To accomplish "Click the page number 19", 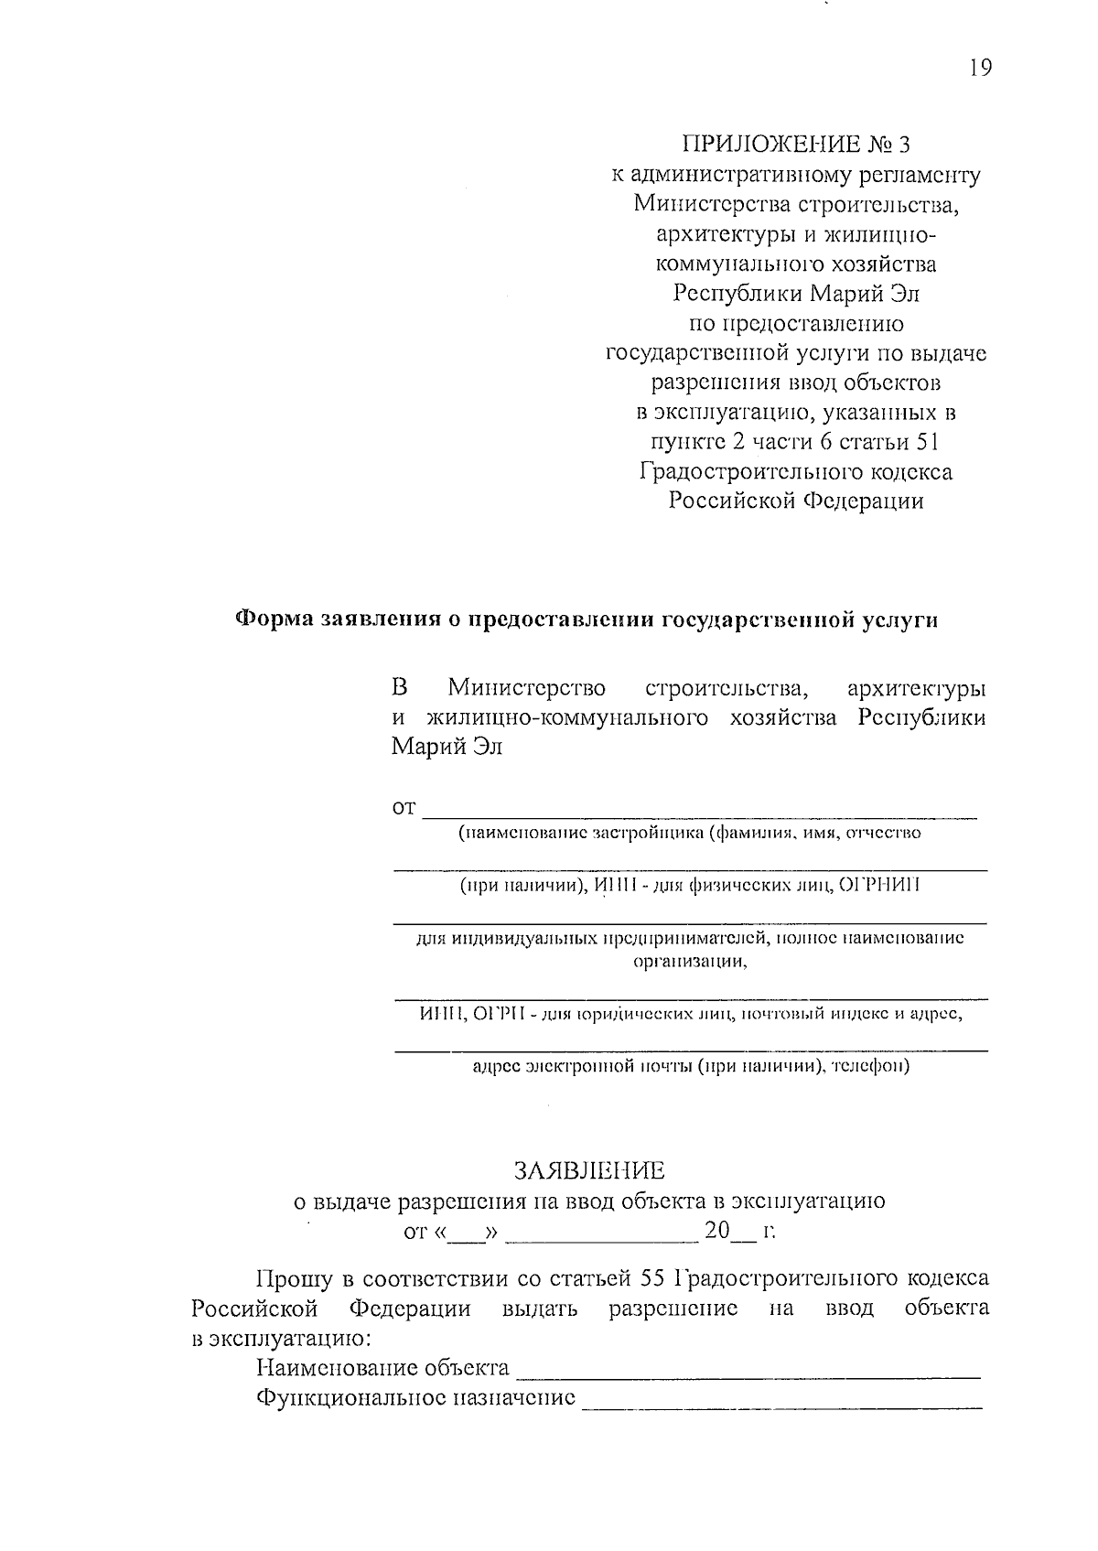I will (x=978, y=68).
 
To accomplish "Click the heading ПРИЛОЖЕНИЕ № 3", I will (x=796, y=145).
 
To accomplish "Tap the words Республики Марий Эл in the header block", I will (x=796, y=294).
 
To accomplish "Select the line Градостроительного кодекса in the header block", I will (x=796, y=472).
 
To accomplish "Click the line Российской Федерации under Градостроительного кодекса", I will (x=796, y=501).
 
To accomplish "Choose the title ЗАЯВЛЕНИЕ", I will (x=589, y=1171).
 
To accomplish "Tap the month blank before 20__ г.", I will (x=601, y=1235).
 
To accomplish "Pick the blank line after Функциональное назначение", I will (x=782, y=1400).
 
